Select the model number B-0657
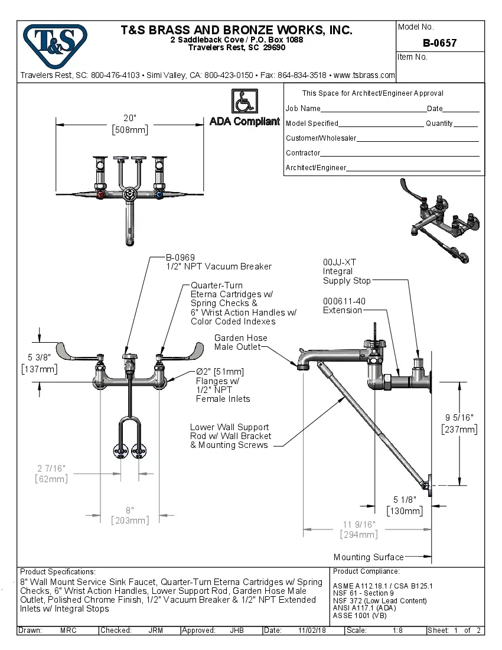[439, 43]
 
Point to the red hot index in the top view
[102, 195]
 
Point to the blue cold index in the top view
[158, 195]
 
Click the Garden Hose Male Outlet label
[240, 342]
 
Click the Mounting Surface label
[369, 557]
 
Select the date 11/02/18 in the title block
[312, 630]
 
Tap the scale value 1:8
[397, 630]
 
